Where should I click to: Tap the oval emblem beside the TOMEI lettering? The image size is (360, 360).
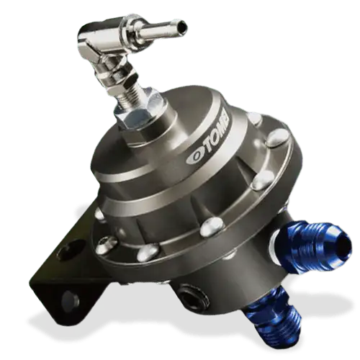pos(193,158)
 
